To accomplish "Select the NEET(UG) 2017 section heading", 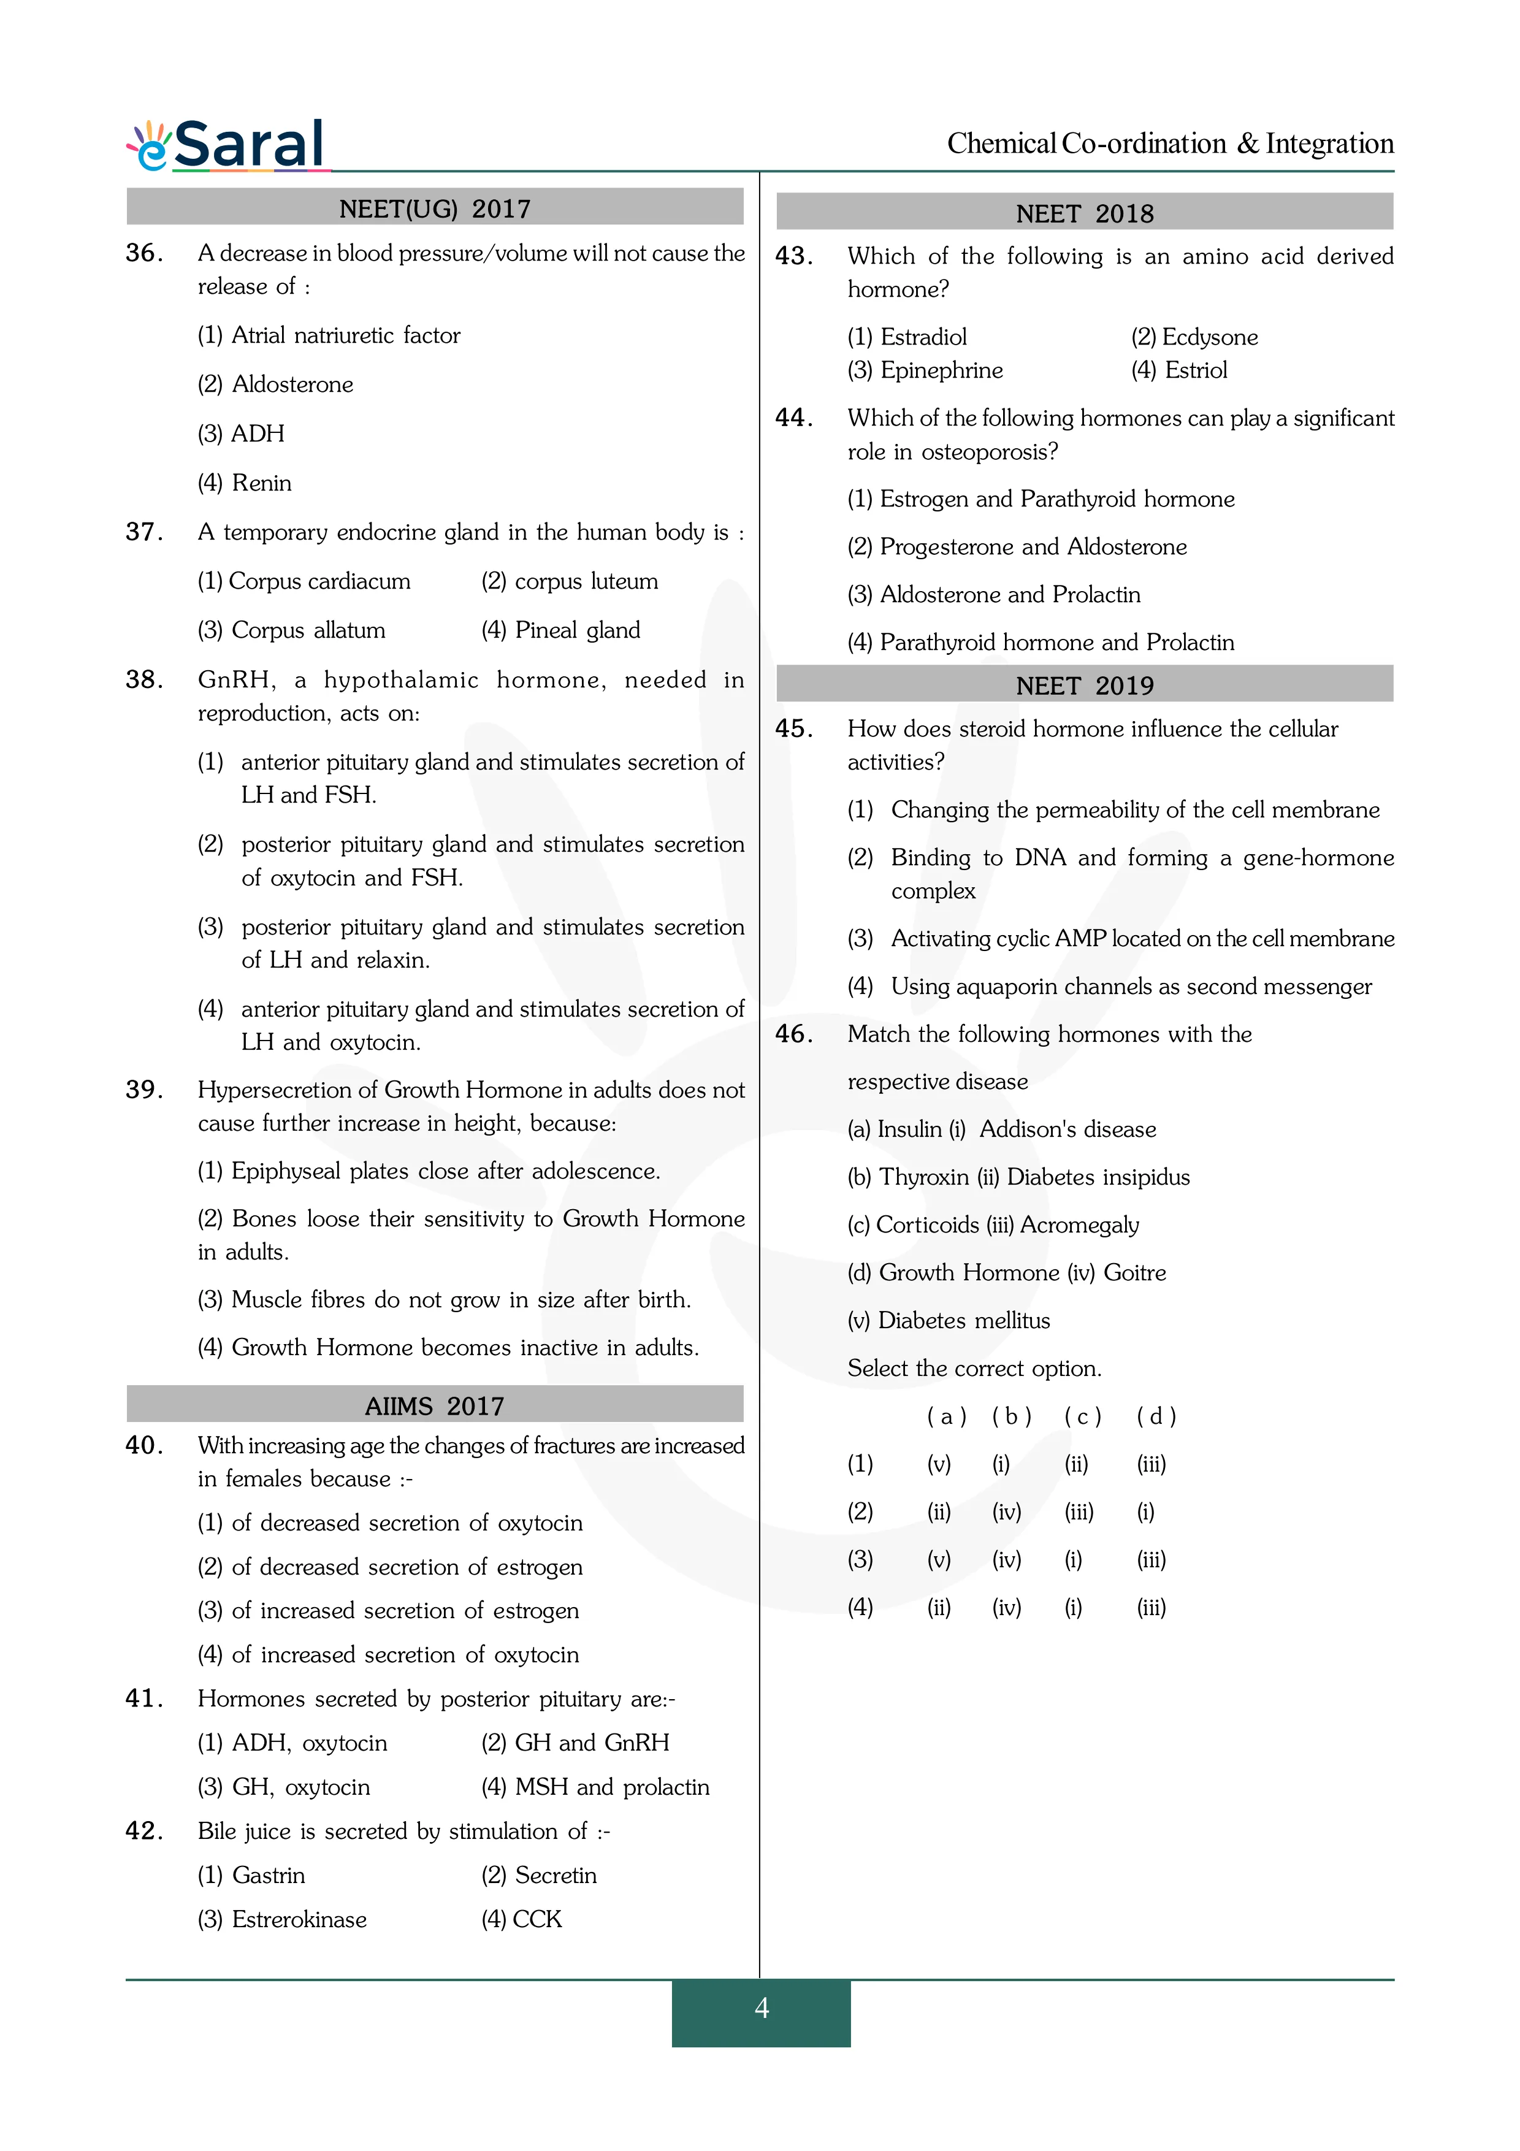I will point(435,208).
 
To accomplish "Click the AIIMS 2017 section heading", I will point(435,1405).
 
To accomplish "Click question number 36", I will point(144,253).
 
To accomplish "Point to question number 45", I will point(793,729).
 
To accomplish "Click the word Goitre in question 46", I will point(1134,1273).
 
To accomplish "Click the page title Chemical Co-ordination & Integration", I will point(1170,143).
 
